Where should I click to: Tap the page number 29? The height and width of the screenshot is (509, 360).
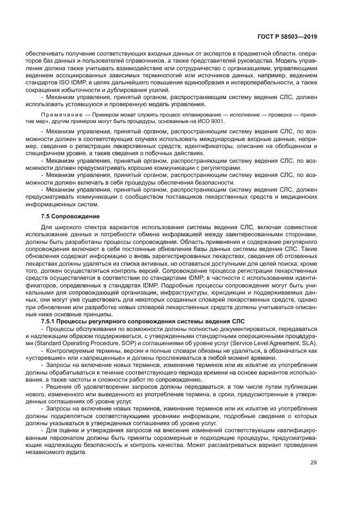(313, 463)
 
